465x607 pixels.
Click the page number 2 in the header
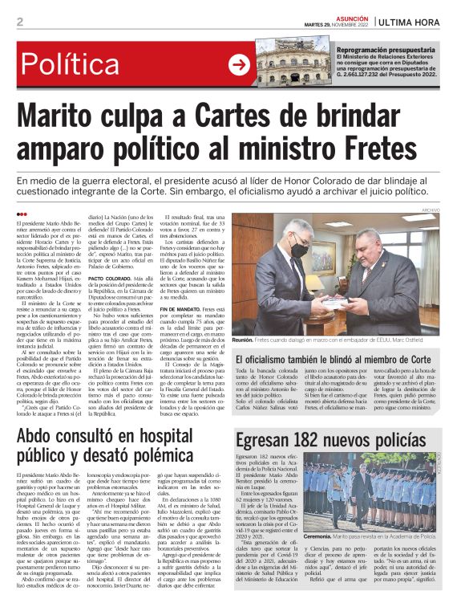tap(20, 21)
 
